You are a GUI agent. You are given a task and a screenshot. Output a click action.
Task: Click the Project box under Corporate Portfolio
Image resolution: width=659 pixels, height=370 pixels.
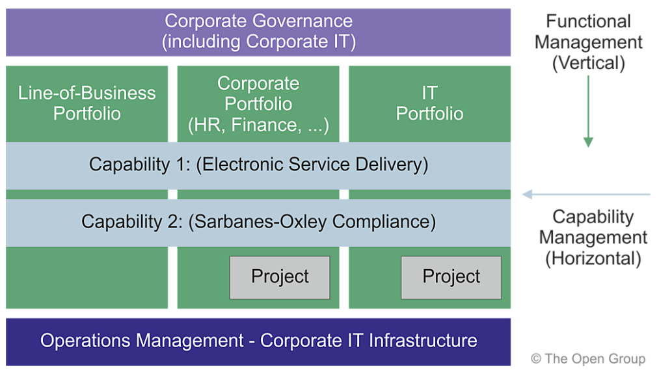coord(280,277)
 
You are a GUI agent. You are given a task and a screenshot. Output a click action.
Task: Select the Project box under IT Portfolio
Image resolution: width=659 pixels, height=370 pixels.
coord(451,277)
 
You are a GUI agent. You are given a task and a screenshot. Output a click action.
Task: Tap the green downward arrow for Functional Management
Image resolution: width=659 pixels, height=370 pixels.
coord(588,111)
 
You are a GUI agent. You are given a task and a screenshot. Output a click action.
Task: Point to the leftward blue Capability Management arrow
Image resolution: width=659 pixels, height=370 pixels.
coord(585,194)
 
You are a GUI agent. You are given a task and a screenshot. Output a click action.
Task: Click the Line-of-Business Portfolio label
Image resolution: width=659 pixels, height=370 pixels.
coord(87,103)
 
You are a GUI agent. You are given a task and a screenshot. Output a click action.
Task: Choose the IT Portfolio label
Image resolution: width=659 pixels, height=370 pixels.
coord(429,103)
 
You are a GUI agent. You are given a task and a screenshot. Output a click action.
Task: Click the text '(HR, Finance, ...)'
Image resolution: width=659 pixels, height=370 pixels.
coord(258,125)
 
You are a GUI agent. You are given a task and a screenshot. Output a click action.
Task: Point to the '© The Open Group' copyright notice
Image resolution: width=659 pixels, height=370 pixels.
coord(587,358)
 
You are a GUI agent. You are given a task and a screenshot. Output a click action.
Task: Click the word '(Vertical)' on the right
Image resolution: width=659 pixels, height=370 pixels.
coord(588,64)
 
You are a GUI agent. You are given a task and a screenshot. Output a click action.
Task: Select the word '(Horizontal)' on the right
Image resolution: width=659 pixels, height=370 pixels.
coord(593,258)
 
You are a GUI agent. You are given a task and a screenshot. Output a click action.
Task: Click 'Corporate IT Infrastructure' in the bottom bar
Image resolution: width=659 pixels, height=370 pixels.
coord(369,341)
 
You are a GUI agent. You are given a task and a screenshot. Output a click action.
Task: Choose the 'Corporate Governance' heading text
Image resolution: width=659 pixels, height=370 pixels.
coord(258,21)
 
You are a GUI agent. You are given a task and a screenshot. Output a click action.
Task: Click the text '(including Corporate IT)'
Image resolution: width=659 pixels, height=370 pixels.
coord(258,42)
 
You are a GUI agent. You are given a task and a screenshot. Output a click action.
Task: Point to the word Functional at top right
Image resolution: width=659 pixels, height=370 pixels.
coord(588,21)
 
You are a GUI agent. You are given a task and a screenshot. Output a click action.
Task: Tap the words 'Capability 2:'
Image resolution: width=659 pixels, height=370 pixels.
coord(133,222)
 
